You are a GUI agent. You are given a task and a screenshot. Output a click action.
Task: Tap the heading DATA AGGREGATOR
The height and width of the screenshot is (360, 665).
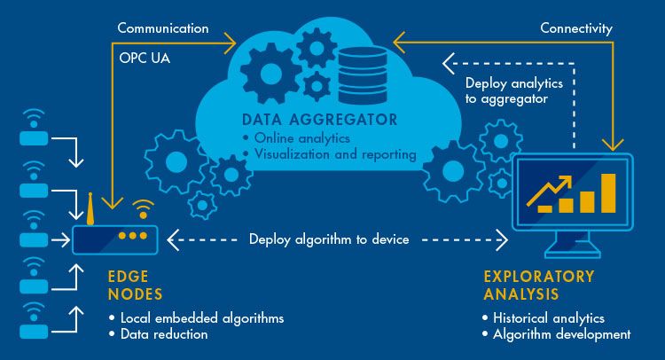coord(319,119)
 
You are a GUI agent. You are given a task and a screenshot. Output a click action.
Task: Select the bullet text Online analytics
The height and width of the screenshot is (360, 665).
coord(299,137)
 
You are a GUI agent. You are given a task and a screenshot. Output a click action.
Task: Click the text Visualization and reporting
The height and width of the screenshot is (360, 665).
coord(334,154)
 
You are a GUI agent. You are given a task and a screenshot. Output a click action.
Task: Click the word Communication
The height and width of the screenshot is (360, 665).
coord(162,27)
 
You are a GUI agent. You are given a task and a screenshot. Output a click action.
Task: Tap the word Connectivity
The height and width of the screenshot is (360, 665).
coord(576,27)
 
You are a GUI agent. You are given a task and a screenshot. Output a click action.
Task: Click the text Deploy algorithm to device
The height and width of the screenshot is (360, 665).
coord(329,239)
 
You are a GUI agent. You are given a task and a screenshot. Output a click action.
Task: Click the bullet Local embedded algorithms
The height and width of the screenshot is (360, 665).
coord(196,317)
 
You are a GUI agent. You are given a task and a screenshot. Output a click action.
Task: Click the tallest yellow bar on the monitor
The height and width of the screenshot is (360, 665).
coord(607,192)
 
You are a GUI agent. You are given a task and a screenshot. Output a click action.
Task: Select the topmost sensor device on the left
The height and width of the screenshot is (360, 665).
coord(33,140)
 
